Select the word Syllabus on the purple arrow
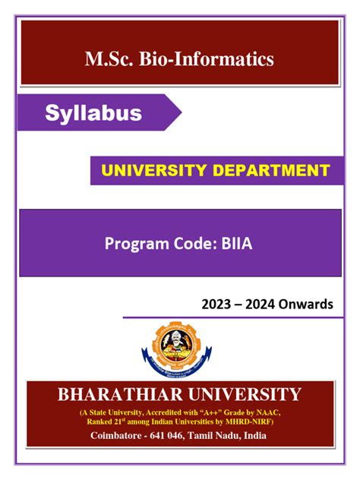tap(93, 114)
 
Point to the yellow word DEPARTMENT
tap(273, 171)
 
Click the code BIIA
tap(239, 244)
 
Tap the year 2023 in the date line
tap(217, 305)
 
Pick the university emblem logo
tap(180, 349)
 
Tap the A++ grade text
tap(227, 412)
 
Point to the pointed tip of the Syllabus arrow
tap(181, 114)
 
